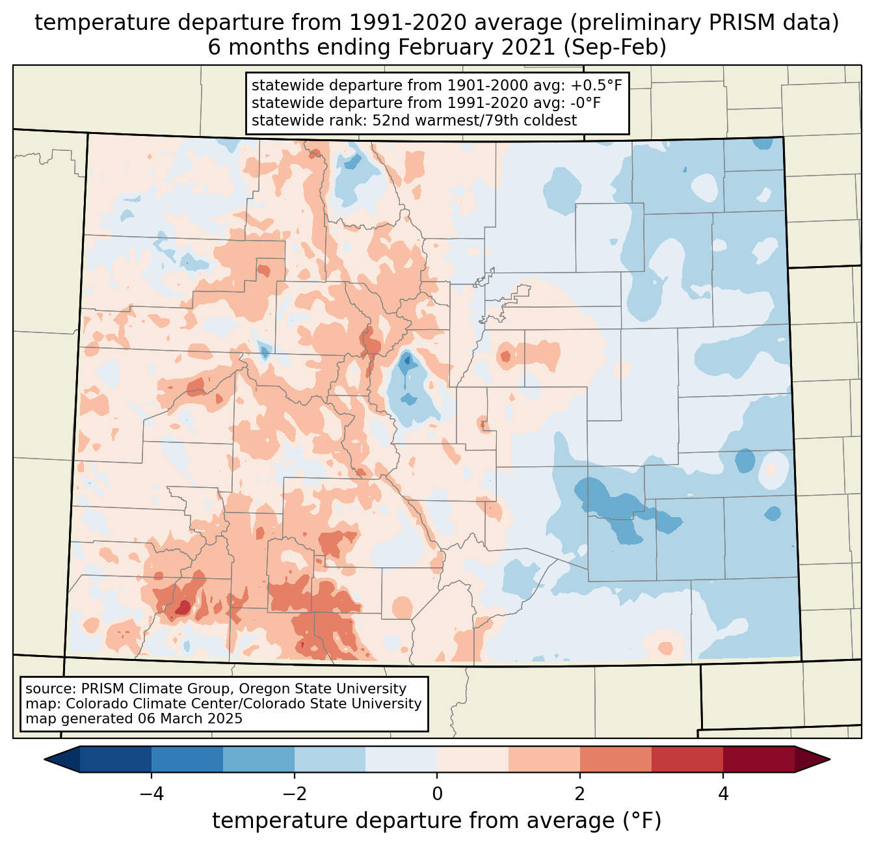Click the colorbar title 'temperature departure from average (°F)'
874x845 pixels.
(x=437, y=821)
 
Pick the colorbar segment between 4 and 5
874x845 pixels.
(x=758, y=759)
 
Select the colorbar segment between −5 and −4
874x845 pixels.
(x=116, y=759)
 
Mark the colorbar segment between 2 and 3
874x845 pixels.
(x=615, y=759)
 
